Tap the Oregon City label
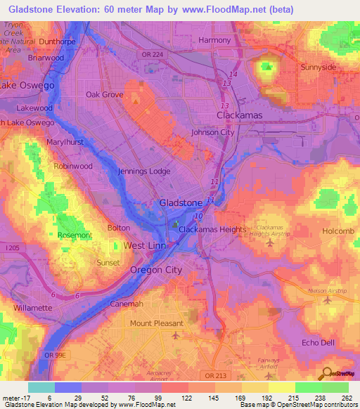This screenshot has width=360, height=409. coord(156,270)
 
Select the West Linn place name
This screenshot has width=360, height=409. coord(145,245)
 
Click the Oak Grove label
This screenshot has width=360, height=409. coord(104,94)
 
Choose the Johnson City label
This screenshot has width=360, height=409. coord(212,131)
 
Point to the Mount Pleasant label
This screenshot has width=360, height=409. coord(156,323)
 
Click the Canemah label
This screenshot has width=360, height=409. coord(127,304)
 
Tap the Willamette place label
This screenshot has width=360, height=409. coord(33,308)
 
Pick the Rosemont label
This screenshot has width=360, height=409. coord(75,235)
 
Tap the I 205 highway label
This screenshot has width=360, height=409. coord(11,247)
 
